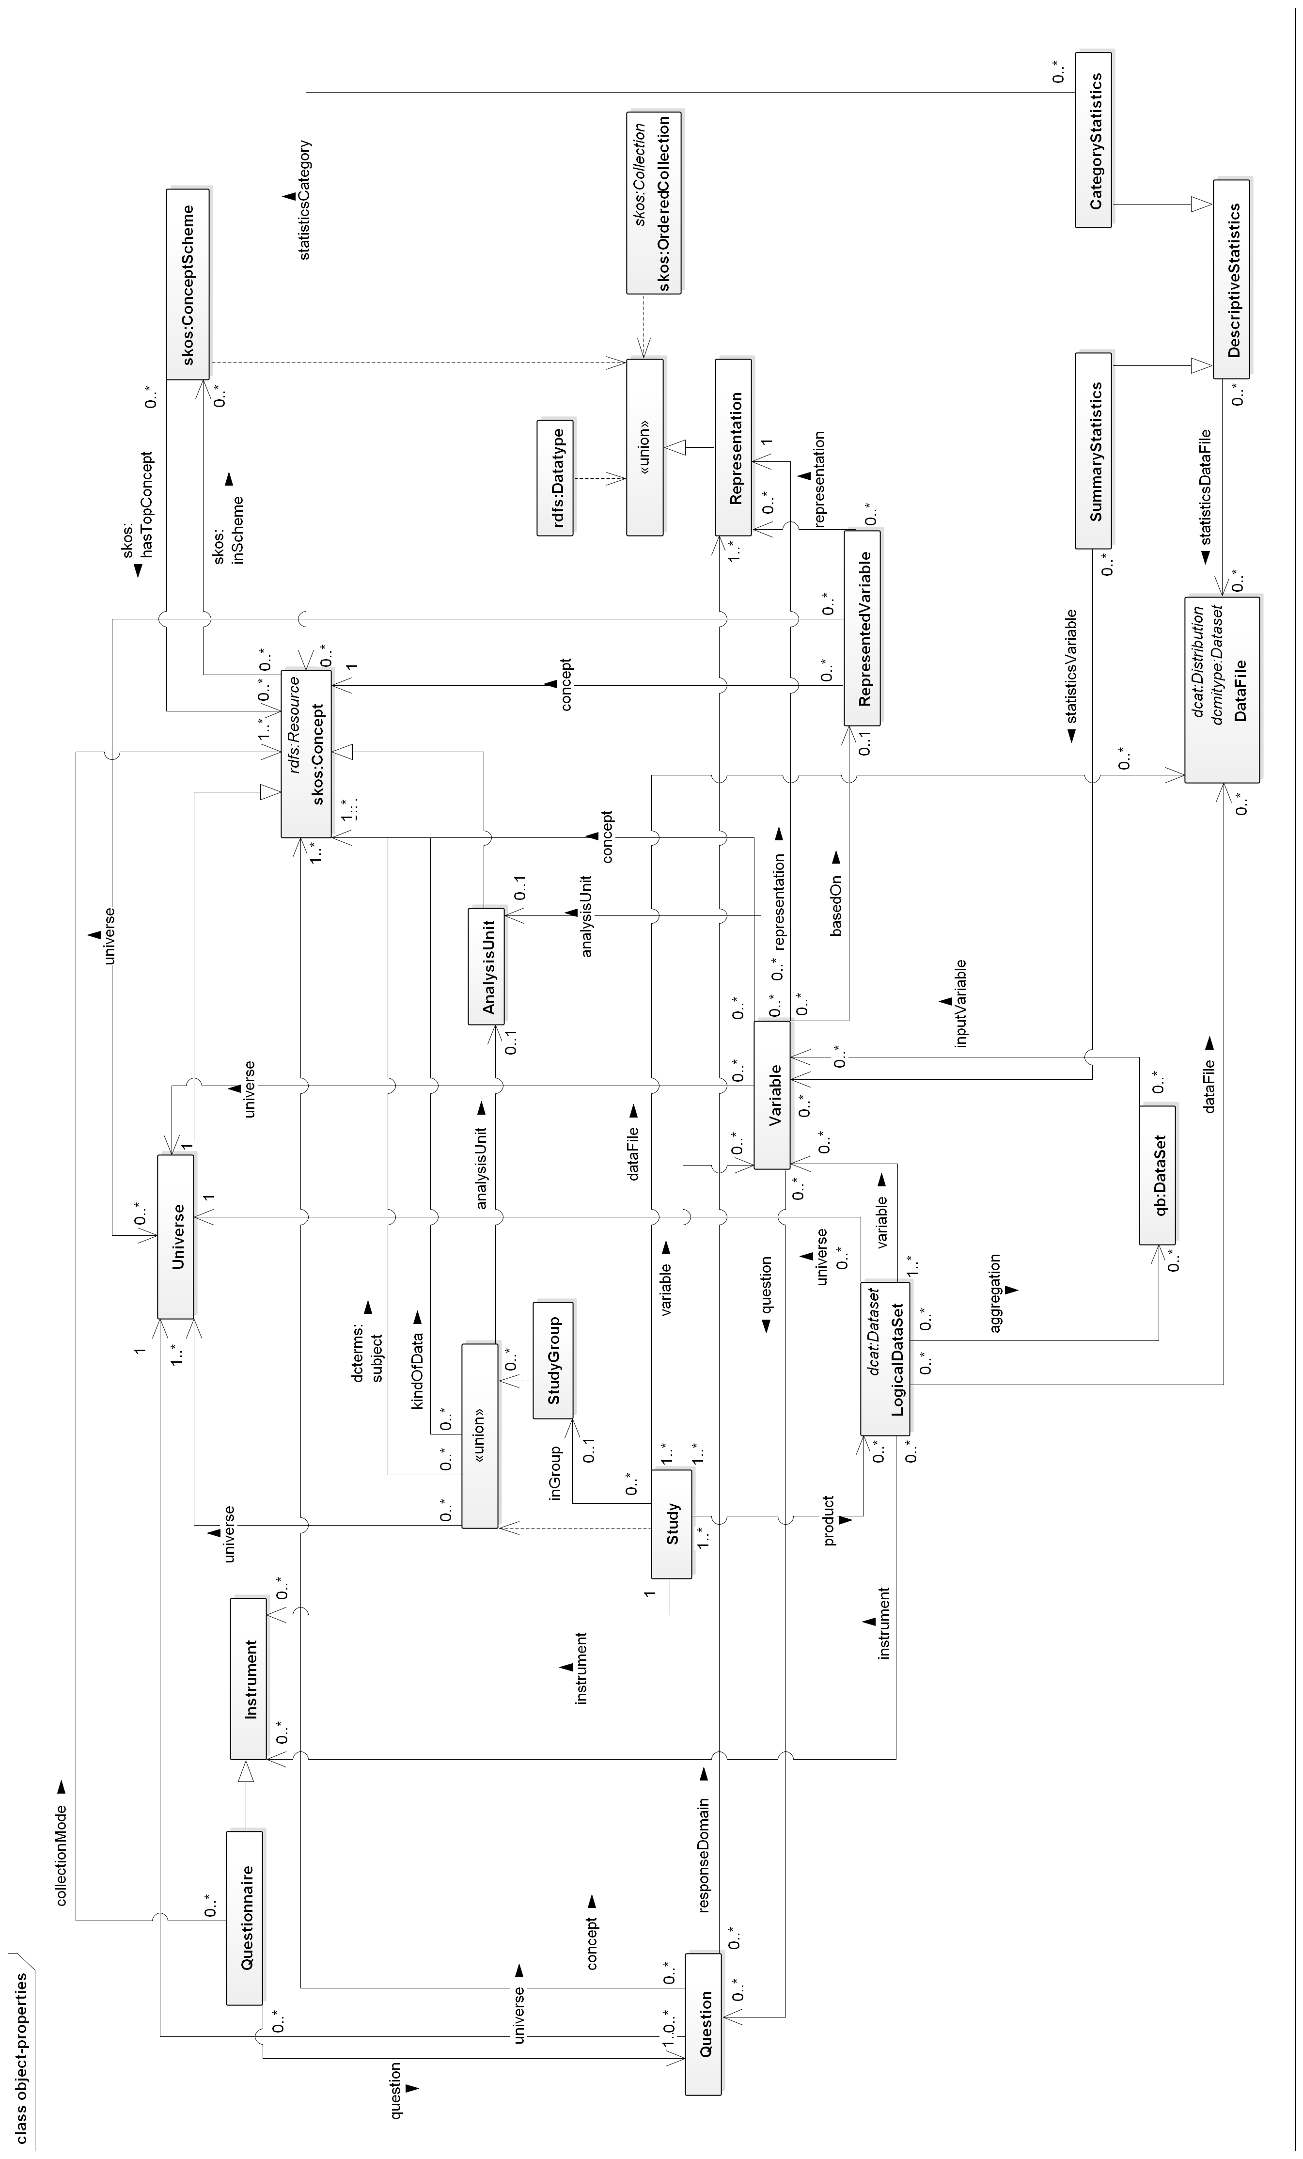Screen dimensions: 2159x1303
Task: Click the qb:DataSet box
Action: (1157, 1174)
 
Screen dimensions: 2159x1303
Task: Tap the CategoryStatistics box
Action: (1094, 140)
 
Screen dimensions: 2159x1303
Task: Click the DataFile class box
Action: (1222, 690)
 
